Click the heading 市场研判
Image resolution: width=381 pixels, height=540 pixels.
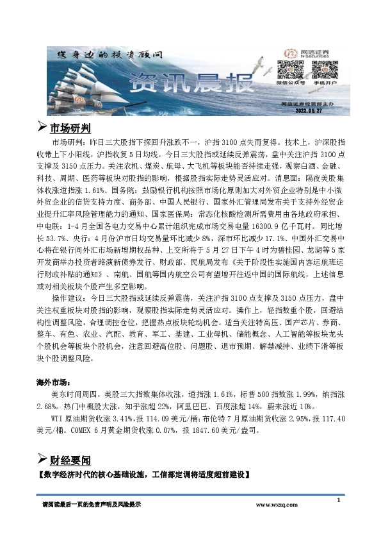click(71, 127)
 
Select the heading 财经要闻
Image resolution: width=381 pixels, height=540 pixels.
click(71, 460)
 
